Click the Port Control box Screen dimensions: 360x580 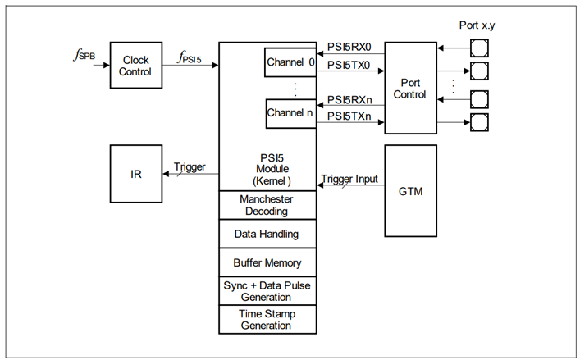point(410,89)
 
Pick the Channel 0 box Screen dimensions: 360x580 point(290,62)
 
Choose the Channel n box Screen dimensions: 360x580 point(290,113)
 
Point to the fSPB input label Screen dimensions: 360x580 point(84,57)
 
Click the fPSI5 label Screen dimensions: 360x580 point(194,57)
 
